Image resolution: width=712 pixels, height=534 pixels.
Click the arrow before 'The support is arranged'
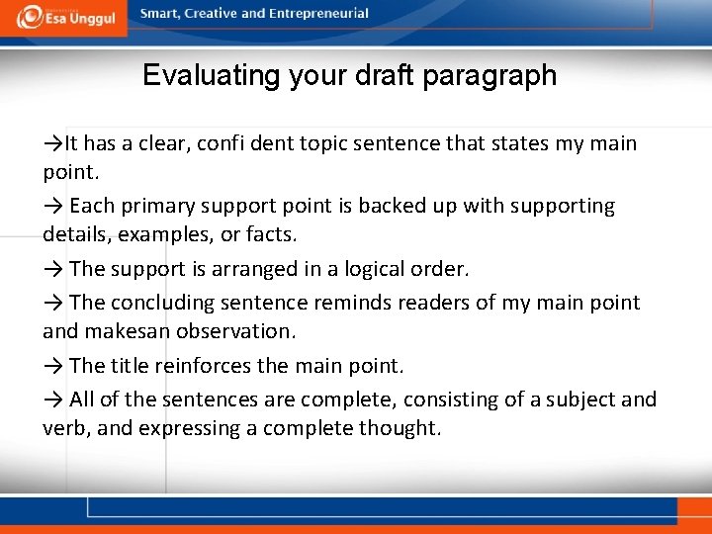(x=53, y=269)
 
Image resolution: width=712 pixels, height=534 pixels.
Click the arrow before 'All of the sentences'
(x=53, y=400)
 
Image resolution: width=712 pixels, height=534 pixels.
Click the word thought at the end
(x=400, y=429)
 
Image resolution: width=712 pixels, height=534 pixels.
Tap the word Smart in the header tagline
(x=160, y=14)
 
